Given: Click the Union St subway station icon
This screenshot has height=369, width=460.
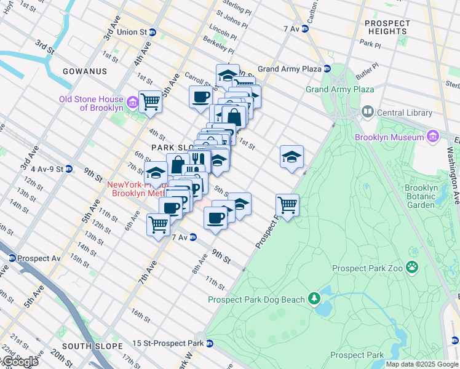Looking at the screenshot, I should [152, 32].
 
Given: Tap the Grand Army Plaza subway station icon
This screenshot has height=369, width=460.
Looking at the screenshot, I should [327, 69].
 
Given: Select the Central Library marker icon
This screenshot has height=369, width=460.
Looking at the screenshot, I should [368, 112].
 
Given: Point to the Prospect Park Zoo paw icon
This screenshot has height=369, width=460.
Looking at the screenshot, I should [411, 268].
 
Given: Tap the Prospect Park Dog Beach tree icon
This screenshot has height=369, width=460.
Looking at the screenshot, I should [314, 299].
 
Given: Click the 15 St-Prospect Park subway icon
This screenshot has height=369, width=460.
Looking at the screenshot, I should [210, 343].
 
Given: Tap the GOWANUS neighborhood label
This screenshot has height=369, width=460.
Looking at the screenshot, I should [84, 71].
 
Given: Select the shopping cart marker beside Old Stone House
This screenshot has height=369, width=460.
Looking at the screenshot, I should [150, 101].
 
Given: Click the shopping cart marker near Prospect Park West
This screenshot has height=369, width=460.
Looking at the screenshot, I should [287, 205].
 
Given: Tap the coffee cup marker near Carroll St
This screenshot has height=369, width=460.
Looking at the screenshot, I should [200, 97].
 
